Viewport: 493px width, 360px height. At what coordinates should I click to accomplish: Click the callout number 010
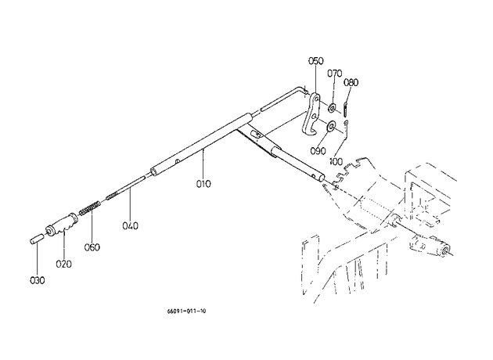203,184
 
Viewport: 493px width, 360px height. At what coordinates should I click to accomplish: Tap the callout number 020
63,264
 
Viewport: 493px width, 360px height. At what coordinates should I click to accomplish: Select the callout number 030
37,280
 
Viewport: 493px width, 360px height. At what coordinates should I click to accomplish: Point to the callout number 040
130,225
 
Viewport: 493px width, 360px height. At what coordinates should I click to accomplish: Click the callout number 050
315,61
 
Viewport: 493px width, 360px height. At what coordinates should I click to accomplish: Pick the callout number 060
92,247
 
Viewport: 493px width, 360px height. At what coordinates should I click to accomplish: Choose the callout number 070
335,74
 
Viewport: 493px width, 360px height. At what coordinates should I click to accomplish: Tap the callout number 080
351,82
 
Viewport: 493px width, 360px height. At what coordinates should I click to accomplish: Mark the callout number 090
318,151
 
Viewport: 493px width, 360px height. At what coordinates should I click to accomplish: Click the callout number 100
336,161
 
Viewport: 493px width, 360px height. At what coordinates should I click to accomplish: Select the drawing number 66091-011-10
186,311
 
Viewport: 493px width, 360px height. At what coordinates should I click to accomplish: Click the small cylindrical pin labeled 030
36,238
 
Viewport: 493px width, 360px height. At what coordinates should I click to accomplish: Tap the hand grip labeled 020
63,224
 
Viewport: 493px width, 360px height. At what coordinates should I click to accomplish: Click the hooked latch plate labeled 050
312,113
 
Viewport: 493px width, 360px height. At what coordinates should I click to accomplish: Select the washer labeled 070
332,108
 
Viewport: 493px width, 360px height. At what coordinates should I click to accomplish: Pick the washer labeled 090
331,127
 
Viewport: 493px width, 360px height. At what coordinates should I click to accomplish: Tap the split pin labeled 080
346,109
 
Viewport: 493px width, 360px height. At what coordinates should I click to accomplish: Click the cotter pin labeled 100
347,129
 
